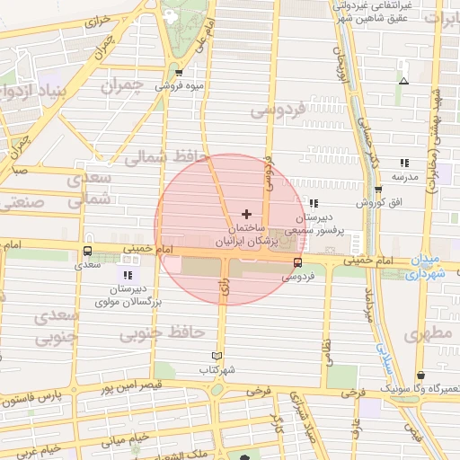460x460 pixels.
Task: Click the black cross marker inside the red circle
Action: click(x=247, y=214)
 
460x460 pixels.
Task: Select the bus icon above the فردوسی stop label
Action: click(x=297, y=262)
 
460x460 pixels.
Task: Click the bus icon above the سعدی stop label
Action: click(x=87, y=252)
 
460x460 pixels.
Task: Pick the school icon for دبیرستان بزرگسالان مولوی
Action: click(x=127, y=275)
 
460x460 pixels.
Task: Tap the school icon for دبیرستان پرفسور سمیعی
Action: click(x=313, y=203)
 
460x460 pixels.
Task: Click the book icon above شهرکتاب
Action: click(x=216, y=355)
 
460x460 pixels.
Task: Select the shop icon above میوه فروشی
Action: click(x=179, y=74)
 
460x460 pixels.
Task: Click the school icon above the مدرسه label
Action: click(x=404, y=163)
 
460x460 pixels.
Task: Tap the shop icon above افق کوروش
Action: click(x=378, y=189)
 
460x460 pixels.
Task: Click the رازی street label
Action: click(x=222, y=289)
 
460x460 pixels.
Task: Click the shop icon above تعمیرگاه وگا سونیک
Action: click(x=420, y=376)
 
